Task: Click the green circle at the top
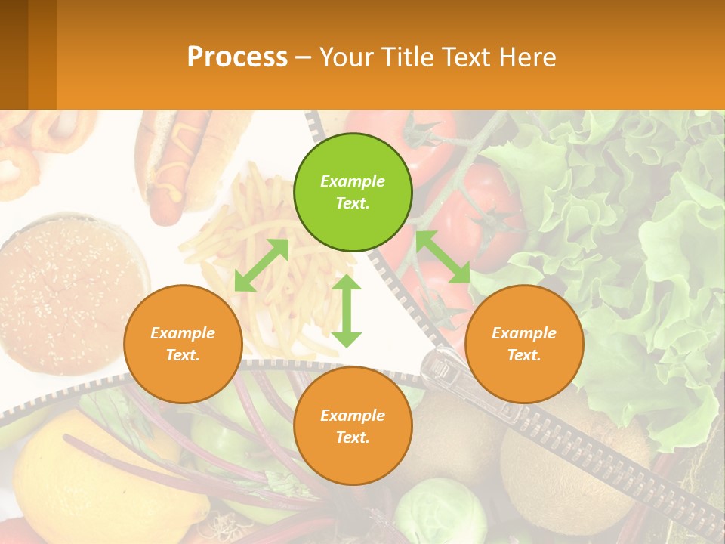click(x=353, y=192)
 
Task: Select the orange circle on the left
click(x=183, y=344)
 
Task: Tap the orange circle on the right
click(x=524, y=344)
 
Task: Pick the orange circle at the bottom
click(x=353, y=426)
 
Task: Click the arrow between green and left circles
click(x=261, y=265)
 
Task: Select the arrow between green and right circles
click(x=443, y=257)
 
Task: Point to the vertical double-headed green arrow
click(x=347, y=311)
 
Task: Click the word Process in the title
click(x=237, y=57)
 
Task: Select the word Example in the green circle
click(x=353, y=181)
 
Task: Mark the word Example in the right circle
click(x=524, y=333)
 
